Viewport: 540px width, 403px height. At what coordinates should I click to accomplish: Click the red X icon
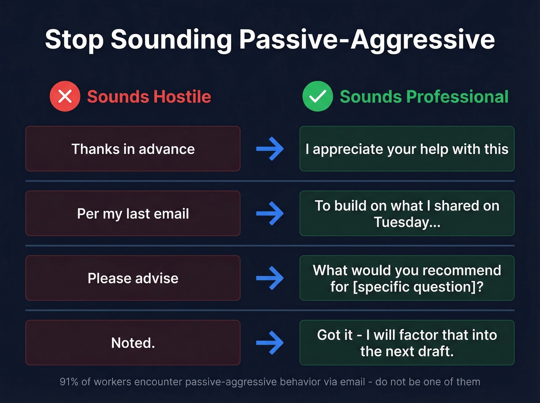pyautogui.click(x=65, y=96)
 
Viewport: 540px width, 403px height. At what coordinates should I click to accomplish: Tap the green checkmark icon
pyautogui.click(x=317, y=96)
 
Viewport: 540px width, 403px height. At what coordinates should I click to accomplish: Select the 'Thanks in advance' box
pyautogui.click(x=133, y=149)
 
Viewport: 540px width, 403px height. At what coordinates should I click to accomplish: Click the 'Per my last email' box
pyautogui.click(x=133, y=213)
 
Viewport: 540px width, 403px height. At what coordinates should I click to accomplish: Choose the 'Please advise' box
pyautogui.click(x=133, y=278)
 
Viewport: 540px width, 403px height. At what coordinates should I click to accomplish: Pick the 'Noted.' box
pyautogui.click(x=133, y=342)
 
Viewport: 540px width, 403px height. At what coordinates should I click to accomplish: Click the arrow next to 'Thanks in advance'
pyautogui.click(x=270, y=149)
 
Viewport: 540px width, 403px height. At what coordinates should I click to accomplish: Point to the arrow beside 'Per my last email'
pyautogui.click(x=270, y=213)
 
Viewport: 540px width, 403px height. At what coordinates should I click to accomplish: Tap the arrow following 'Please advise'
pyautogui.click(x=270, y=278)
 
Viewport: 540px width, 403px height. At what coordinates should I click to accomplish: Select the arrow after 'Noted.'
pyautogui.click(x=270, y=342)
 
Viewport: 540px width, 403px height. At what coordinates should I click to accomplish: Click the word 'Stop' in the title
pyautogui.click(x=74, y=40)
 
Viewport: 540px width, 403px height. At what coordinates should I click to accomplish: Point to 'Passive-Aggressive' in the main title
pyautogui.click(x=367, y=40)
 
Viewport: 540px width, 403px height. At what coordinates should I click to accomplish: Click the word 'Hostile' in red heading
pyautogui.click(x=183, y=97)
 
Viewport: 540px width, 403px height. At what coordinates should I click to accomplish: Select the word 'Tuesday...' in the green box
pyautogui.click(x=407, y=222)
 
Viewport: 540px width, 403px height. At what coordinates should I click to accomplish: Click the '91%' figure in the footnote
pyautogui.click(x=69, y=382)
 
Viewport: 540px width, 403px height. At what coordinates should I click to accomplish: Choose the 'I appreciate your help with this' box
pyautogui.click(x=407, y=149)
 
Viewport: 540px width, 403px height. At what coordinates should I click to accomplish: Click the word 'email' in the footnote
pyautogui.click(x=352, y=382)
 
